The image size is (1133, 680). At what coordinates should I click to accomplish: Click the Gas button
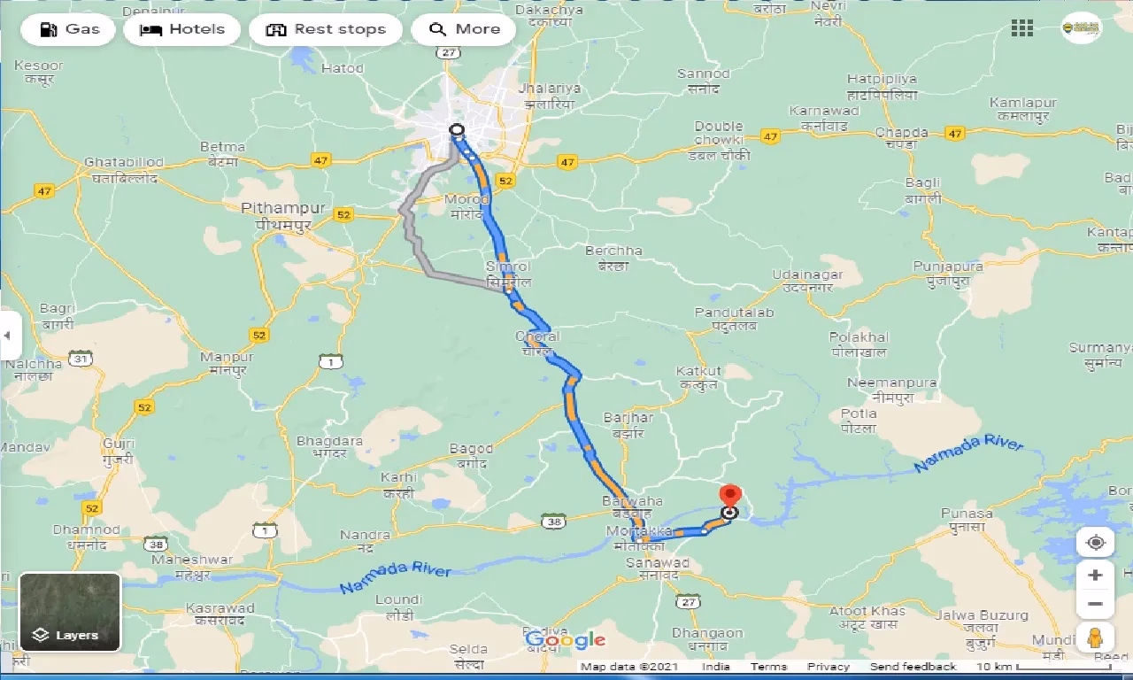pos(70,29)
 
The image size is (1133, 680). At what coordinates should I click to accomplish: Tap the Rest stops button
pos(325,29)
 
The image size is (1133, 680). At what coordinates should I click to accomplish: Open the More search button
pos(464,29)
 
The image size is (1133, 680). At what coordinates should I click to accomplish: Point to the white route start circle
pos(457,130)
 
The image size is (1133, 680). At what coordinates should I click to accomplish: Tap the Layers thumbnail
pos(70,612)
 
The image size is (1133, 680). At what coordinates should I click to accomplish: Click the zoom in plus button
pos(1095,576)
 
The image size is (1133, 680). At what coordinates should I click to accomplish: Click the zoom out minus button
pos(1095,605)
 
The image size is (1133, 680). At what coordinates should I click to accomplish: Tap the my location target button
pos(1095,543)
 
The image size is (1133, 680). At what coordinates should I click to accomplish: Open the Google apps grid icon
pos(1021,28)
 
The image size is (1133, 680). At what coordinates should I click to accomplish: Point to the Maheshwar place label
pos(191,560)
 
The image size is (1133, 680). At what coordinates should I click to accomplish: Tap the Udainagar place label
pos(807,275)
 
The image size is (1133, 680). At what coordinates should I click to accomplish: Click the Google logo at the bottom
pos(565,639)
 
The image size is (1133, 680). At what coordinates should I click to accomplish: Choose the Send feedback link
pos(913,667)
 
